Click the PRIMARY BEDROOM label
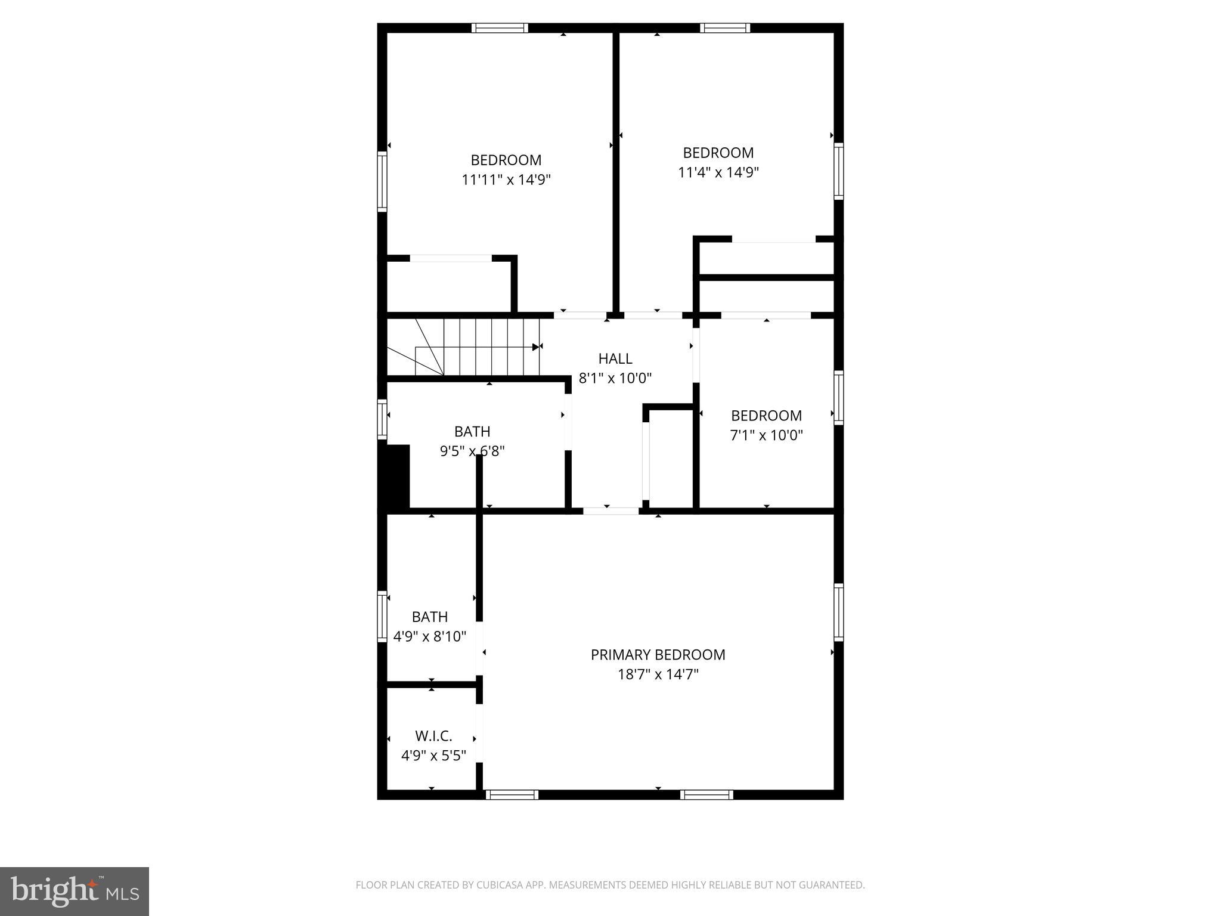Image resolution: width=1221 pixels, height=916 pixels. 658,655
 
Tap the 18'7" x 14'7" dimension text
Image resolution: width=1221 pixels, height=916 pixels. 658,674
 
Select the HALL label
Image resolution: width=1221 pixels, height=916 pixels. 615,358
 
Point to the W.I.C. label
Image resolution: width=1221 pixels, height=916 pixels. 433,736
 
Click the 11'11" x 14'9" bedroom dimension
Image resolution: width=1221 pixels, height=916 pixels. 506,180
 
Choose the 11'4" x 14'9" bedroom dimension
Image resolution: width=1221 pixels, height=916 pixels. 718,172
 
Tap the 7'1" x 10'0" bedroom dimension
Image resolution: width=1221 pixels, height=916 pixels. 766,435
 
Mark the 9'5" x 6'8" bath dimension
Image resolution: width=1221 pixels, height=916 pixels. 472,451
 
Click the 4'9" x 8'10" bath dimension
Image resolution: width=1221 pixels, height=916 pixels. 429,636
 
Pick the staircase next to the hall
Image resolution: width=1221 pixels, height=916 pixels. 477,346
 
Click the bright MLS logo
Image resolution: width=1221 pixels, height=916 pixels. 75,891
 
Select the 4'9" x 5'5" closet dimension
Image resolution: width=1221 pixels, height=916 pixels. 433,756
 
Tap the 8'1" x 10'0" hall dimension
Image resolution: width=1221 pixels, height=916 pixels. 615,378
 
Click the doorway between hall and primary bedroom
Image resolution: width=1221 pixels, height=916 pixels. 611,511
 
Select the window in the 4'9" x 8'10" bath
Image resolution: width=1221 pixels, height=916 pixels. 382,617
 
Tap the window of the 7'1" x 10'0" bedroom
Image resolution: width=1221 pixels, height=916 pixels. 838,397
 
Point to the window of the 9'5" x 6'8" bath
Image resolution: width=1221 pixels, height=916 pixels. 382,420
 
